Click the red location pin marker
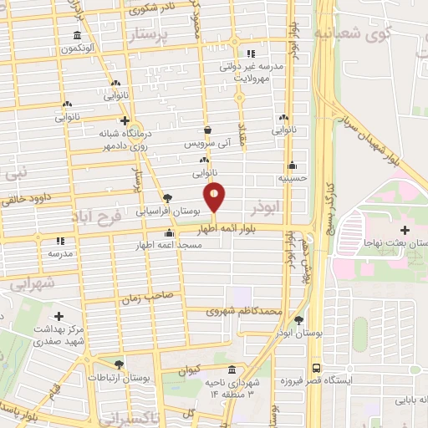coord(216,198)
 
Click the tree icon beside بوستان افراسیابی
coord(169,198)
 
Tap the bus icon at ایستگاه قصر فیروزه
coord(316,368)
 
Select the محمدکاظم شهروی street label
coord(246,312)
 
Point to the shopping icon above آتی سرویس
coord(207,130)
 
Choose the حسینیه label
coord(293,178)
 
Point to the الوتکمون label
coord(76,48)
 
